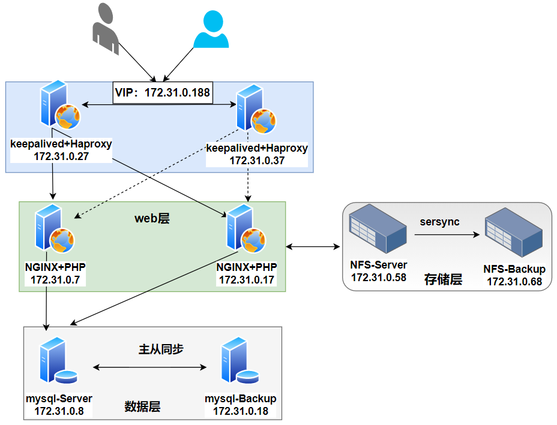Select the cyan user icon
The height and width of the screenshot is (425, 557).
[211, 28]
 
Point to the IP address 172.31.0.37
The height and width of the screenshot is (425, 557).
[257, 161]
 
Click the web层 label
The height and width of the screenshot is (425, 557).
[152, 219]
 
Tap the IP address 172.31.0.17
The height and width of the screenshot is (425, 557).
[246, 280]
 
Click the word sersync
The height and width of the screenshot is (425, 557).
[439, 222]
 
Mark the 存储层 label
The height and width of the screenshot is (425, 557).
[443, 279]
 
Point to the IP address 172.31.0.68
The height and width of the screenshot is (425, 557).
[514, 281]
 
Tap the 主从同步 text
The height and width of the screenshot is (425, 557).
[161, 349]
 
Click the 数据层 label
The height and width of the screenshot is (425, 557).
[142, 406]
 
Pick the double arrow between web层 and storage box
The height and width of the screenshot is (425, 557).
[313, 246]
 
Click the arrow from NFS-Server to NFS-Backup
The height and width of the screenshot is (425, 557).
[447, 236]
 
